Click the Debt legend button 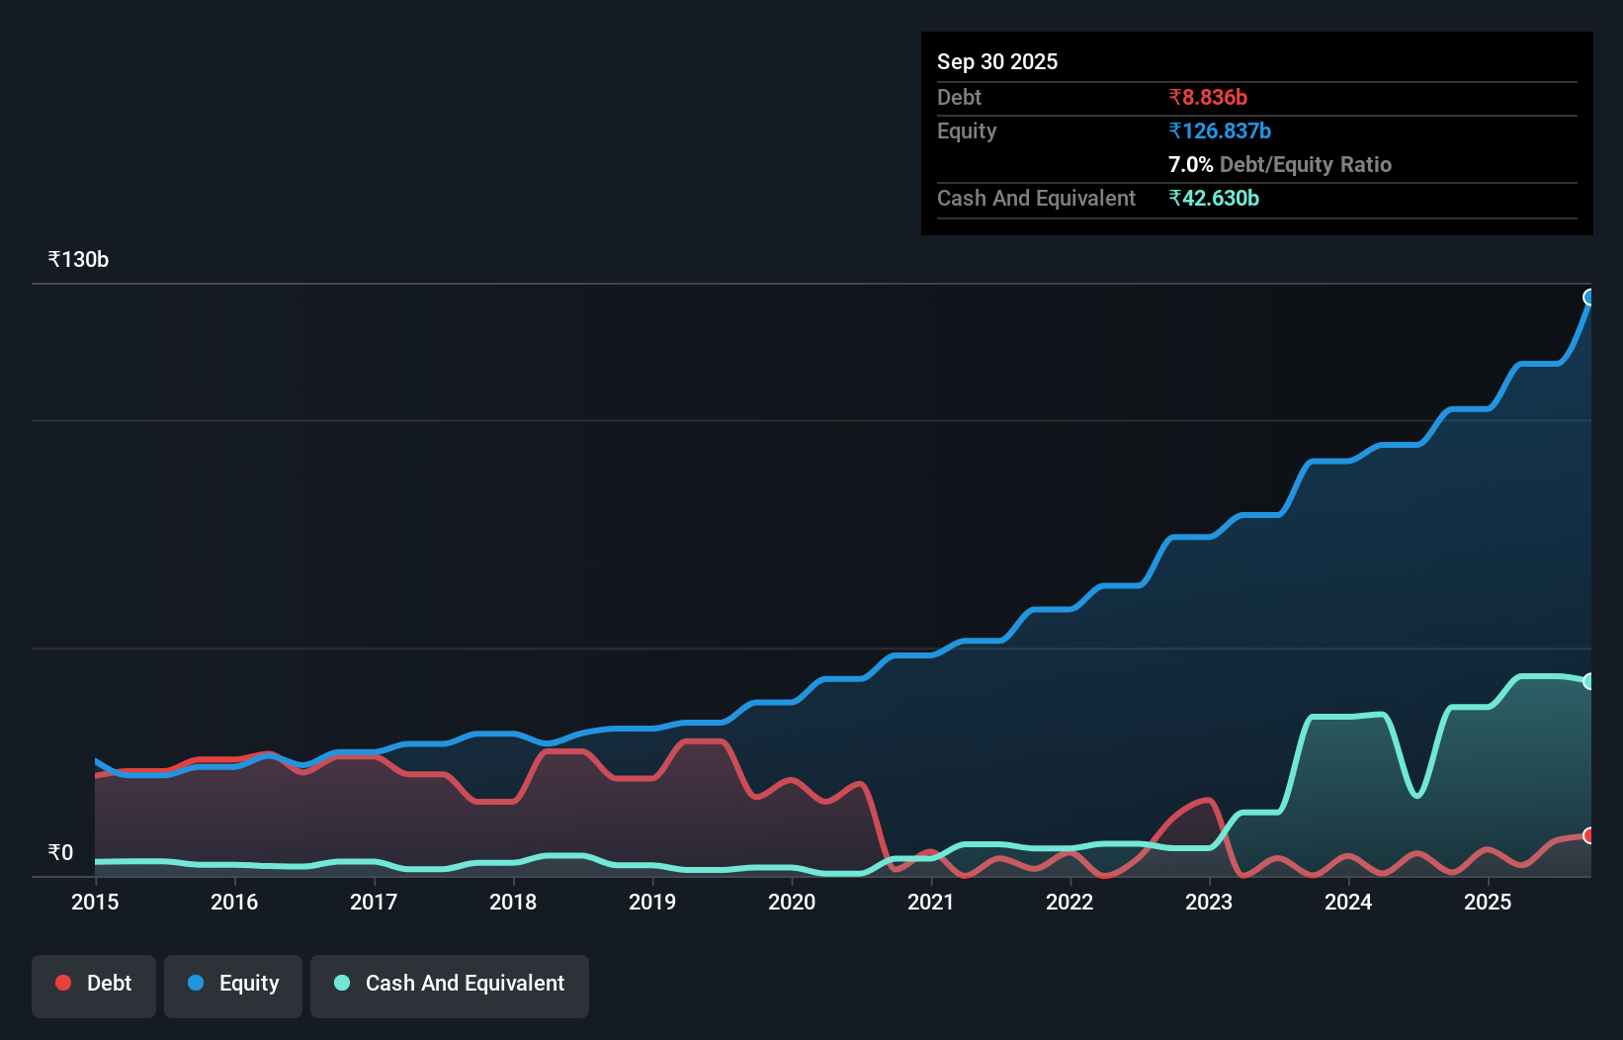pyautogui.click(x=94, y=984)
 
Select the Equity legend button pyautogui.click(x=233, y=984)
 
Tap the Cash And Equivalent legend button pyautogui.click(x=450, y=984)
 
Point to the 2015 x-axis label pyautogui.click(x=95, y=902)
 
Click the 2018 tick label pyautogui.click(x=513, y=902)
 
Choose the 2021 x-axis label pyautogui.click(x=931, y=902)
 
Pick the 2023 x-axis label pyautogui.click(x=1209, y=902)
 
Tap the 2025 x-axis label pyautogui.click(x=1488, y=902)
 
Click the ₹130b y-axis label pyautogui.click(x=78, y=260)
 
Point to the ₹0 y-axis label pyautogui.click(x=60, y=852)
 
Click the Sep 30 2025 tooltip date pyautogui.click(x=996, y=61)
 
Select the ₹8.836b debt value pyautogui.click(x=1208, y=97)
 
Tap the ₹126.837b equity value pyautogui.click(x=1220, y=130)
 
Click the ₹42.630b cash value pyautogui.click(x=1214, y=198)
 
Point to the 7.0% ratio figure pyautogui.click(x=1190, y=164)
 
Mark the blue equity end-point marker pyautogui.click(x=1589, y=298)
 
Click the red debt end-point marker pyautogui.click(x=1589, y=835)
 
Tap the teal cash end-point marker pyautogui.click(x=1589, y=681)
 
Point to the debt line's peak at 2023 pyautogui.click(x=1207, y=800)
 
